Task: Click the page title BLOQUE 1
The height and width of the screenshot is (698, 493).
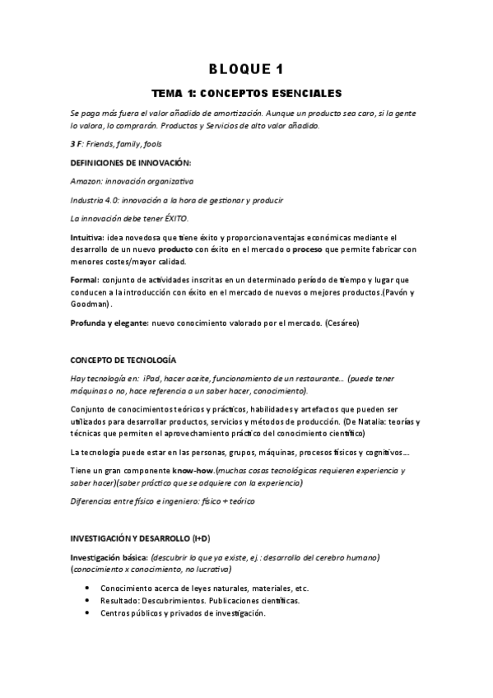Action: pos(246,68)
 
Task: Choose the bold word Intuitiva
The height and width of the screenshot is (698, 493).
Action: pos(87,238)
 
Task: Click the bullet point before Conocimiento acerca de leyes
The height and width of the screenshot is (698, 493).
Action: pos(87,589)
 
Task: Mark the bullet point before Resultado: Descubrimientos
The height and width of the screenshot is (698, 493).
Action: pos(87,602)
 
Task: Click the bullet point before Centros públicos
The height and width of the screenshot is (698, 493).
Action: pos(87,614)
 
